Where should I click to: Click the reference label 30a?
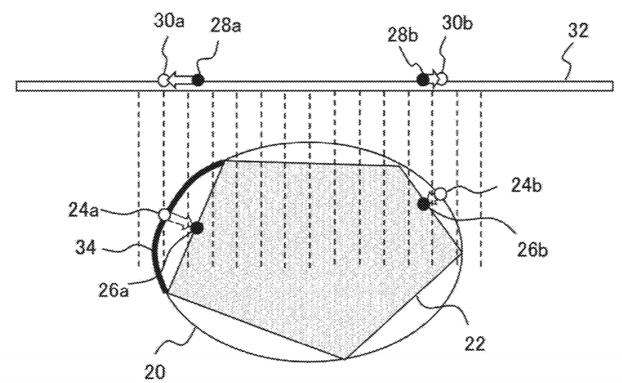pos(169,22)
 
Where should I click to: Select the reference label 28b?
pos(403,36)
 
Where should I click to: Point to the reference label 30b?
pos(457,23)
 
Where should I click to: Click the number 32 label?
pos(578,31)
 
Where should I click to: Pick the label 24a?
pos(83,211)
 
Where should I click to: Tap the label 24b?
pos(526,185)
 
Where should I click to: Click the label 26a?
pos(114,291)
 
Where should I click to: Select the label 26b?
pos(533,250)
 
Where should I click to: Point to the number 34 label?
pos(85,248)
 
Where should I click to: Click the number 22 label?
pos(474,343)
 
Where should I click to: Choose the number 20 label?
pos(154,372)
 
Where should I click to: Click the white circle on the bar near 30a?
pos(164,80)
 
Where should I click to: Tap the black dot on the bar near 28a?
pos(198,80)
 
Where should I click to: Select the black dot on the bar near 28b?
pos(423,79)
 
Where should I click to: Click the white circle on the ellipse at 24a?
pos(164,215)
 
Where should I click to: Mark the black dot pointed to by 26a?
pos(197,228)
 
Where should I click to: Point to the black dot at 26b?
pos(424,204)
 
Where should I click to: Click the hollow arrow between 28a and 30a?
pos(180,80)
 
